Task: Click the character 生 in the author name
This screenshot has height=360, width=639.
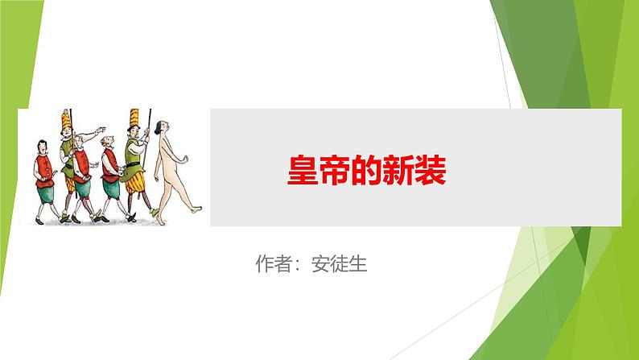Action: pyautogui.click(x=358, y=264)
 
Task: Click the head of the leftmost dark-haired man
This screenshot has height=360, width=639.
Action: pyautogui.click(x=43, y=146)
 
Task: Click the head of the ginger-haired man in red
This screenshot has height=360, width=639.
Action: pyautogui.click(x=107, y=140)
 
